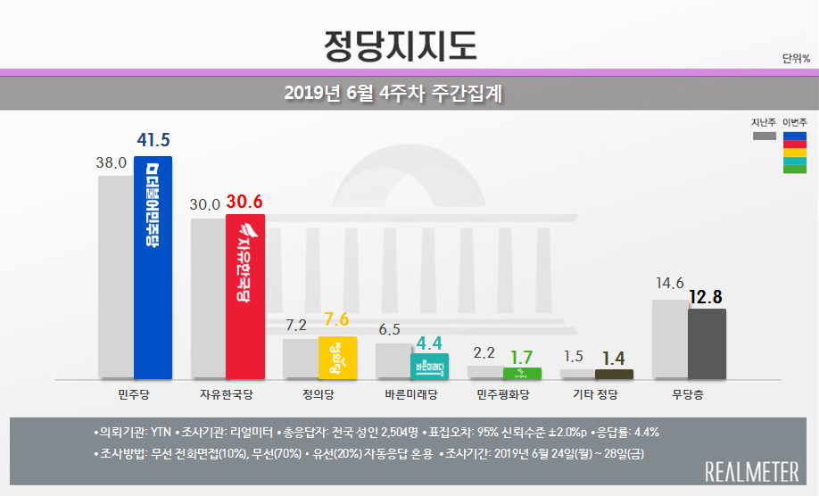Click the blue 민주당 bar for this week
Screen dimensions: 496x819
tap(153, 268)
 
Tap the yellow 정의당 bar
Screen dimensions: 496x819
tap(337, 357)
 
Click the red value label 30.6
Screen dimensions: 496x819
tap(244, 203)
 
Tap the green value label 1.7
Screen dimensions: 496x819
tap(522, 356)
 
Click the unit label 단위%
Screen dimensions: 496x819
tap(796, 59)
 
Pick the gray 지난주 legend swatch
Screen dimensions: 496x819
tap(764, 136)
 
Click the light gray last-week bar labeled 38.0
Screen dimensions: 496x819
tap(115, 277)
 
